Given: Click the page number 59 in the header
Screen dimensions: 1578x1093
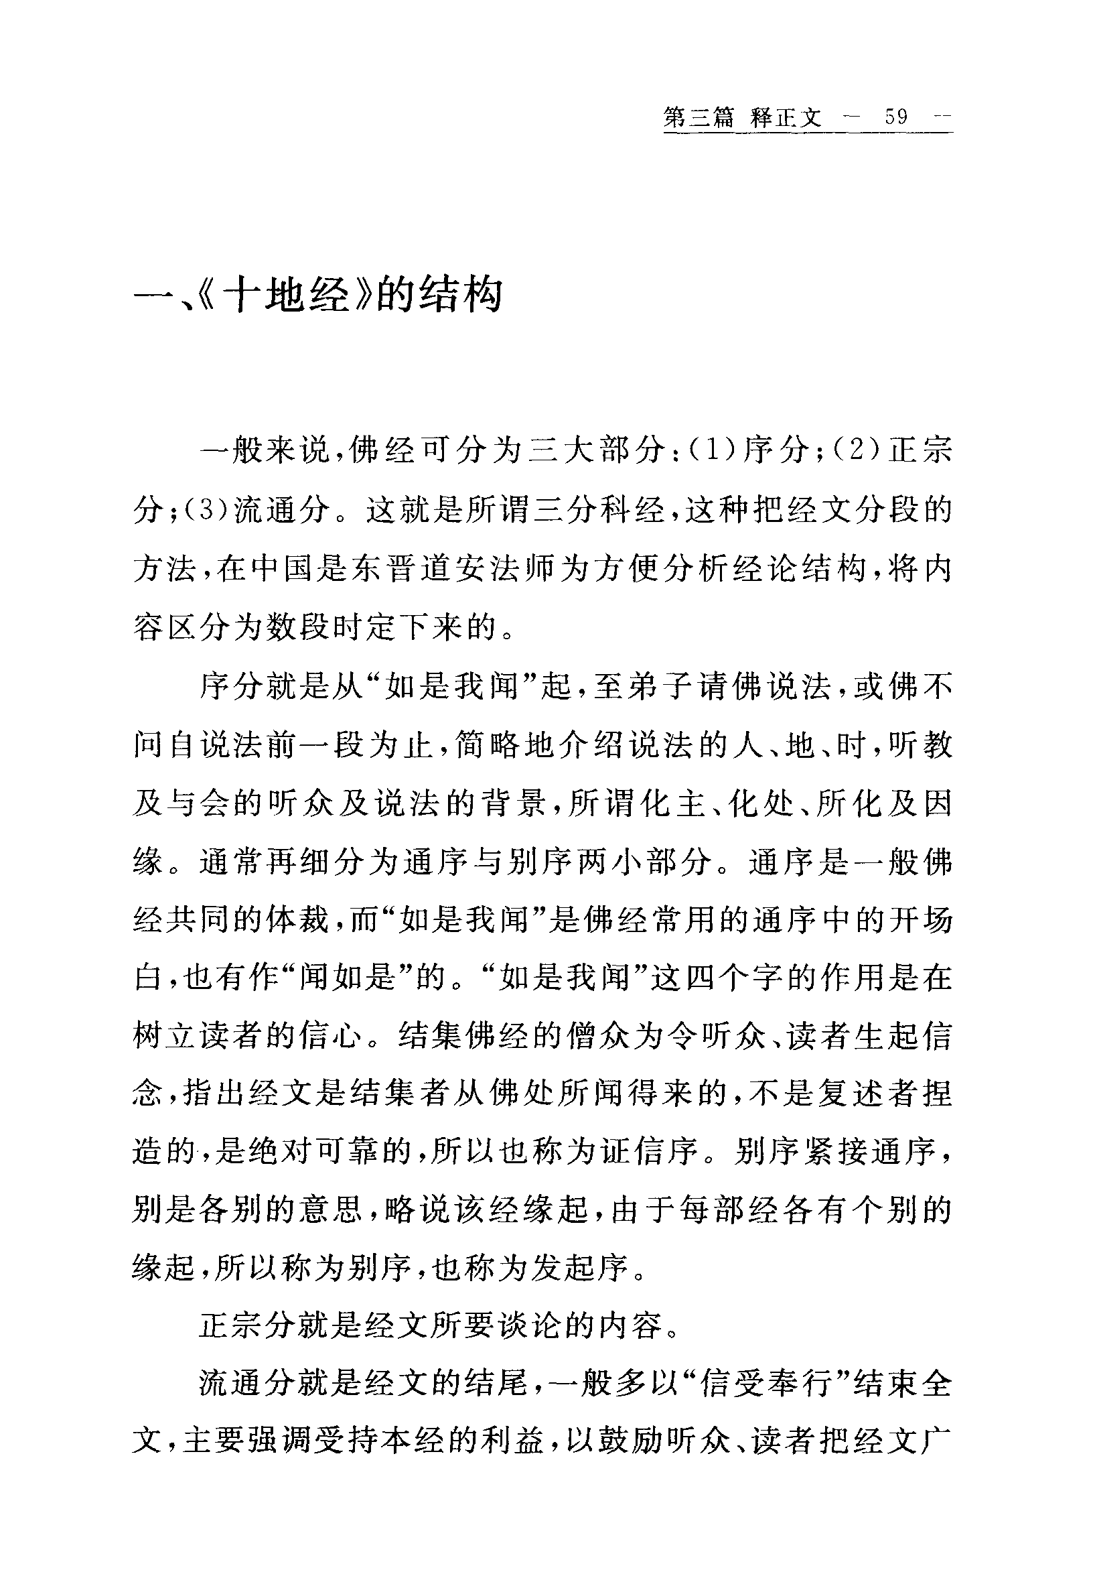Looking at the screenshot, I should tap(897, 117).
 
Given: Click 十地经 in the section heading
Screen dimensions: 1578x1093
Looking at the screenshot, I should tap(288, 295).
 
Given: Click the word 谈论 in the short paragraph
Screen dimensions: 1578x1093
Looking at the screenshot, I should tap(533, 1327).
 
